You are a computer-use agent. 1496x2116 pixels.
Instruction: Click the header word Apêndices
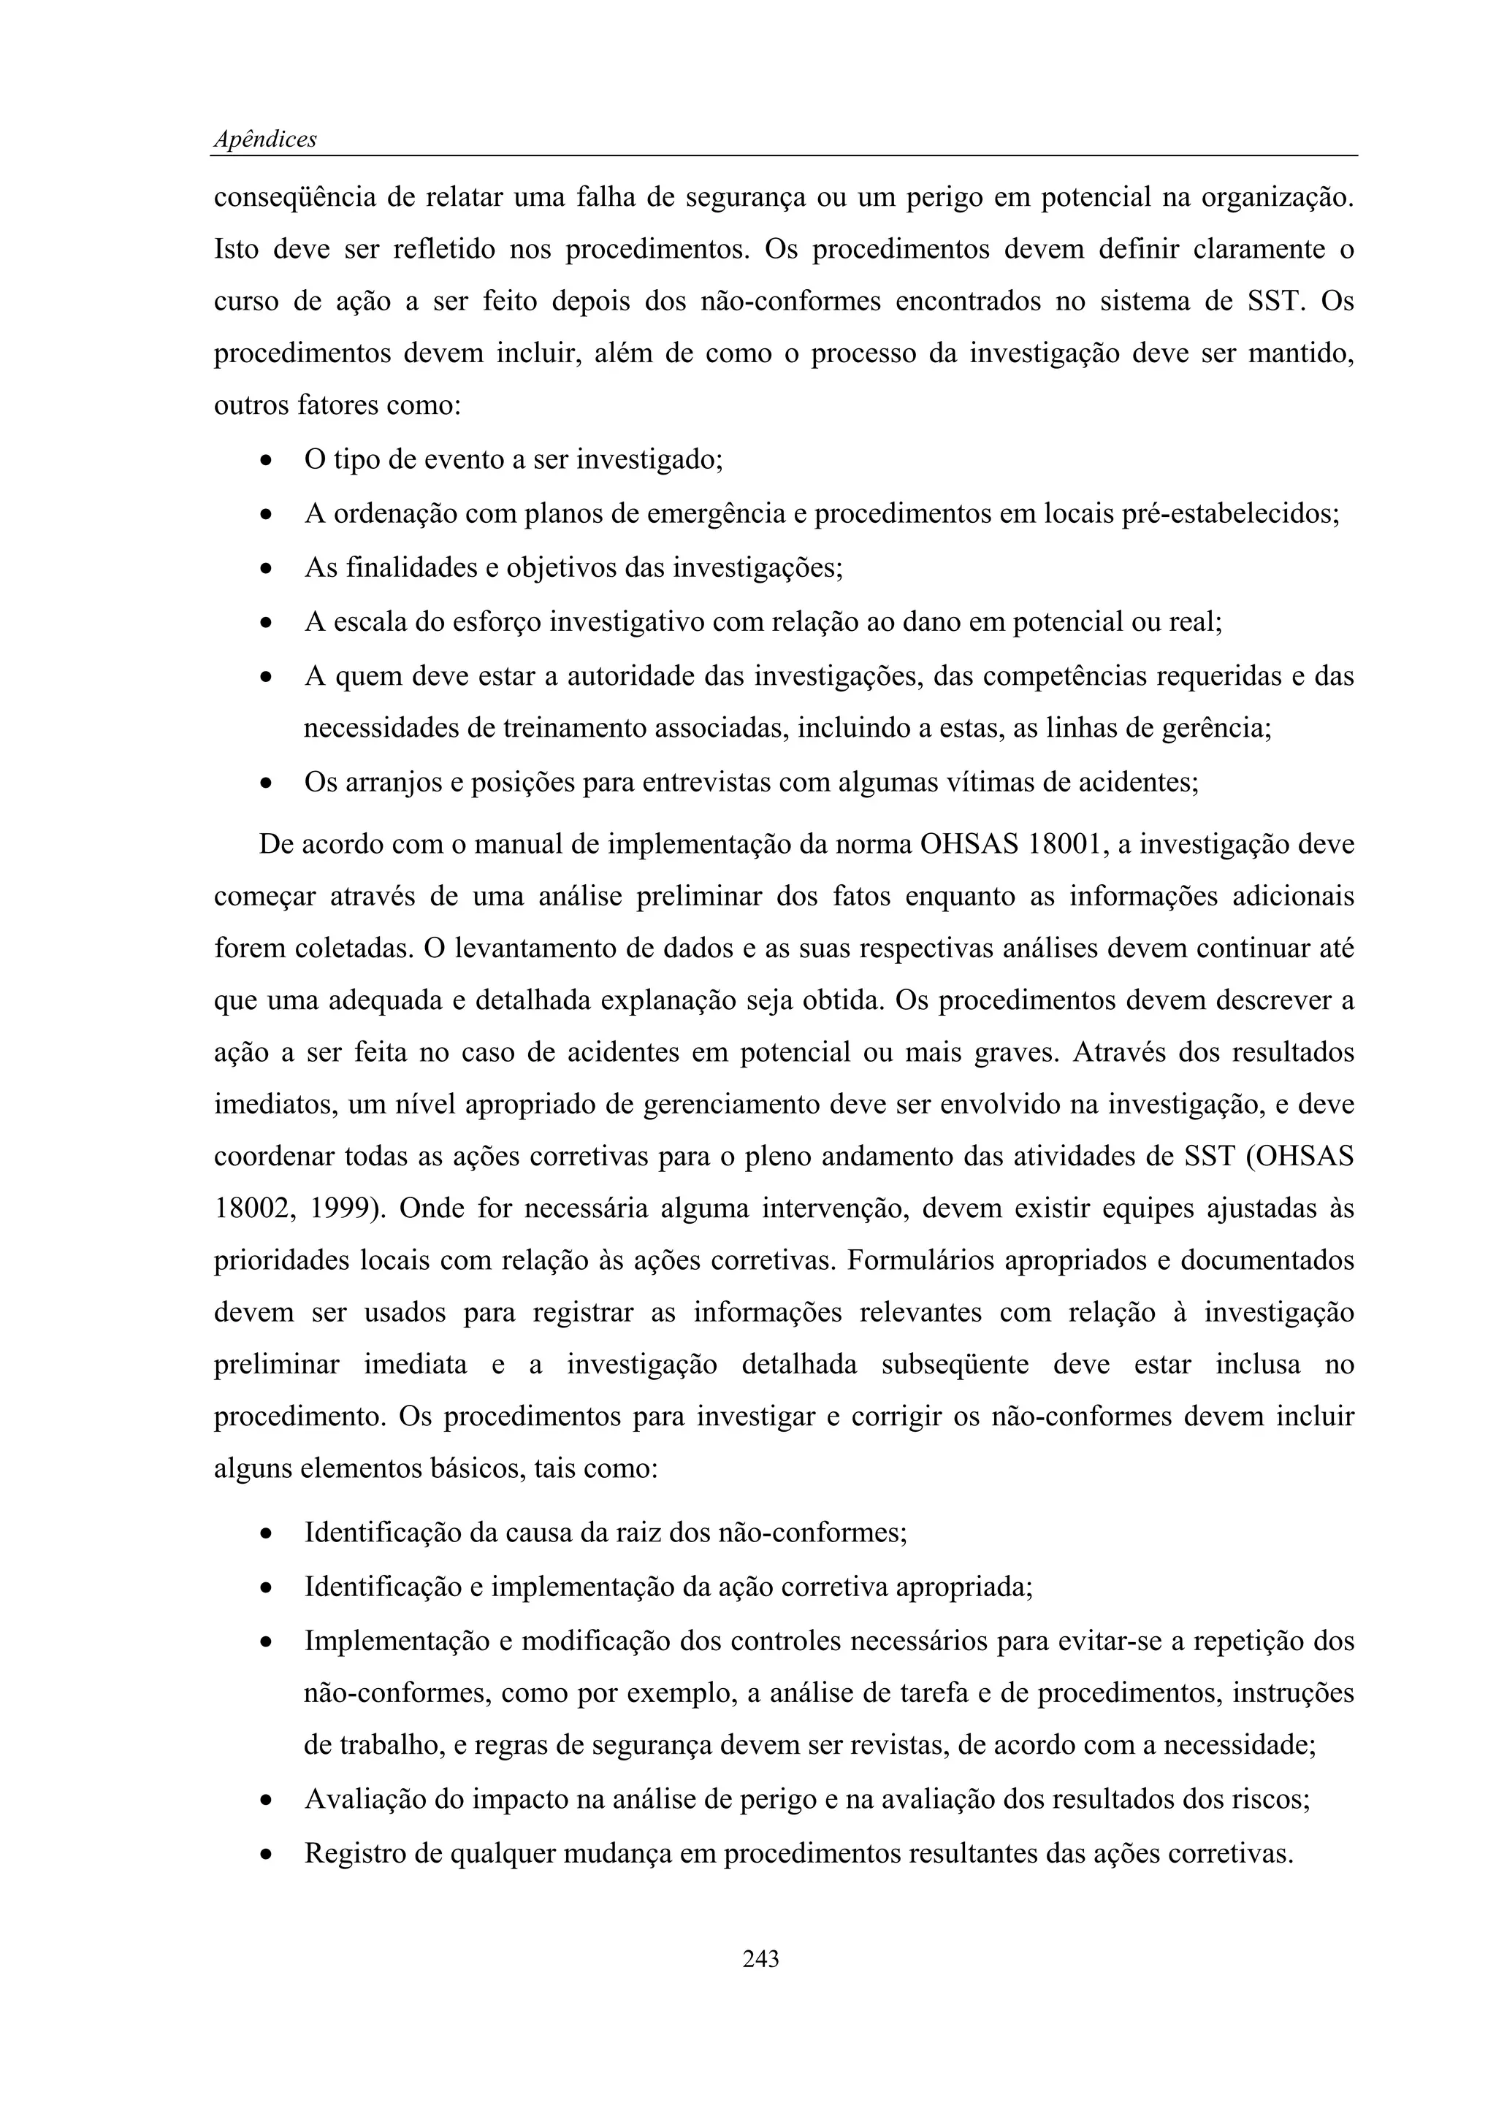pyautogui.click(x=264, y=139)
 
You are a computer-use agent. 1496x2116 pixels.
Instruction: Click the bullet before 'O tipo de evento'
pyautogui.click(x=265, y=460)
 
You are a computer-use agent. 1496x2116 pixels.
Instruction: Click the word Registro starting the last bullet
pyautogui.click(x=355, y=1853)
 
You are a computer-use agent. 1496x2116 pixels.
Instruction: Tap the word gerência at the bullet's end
pyautogui.click(x=1217, y=728)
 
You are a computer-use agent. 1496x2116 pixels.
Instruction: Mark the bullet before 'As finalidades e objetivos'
pyautogui.click(x=265, y=569)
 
